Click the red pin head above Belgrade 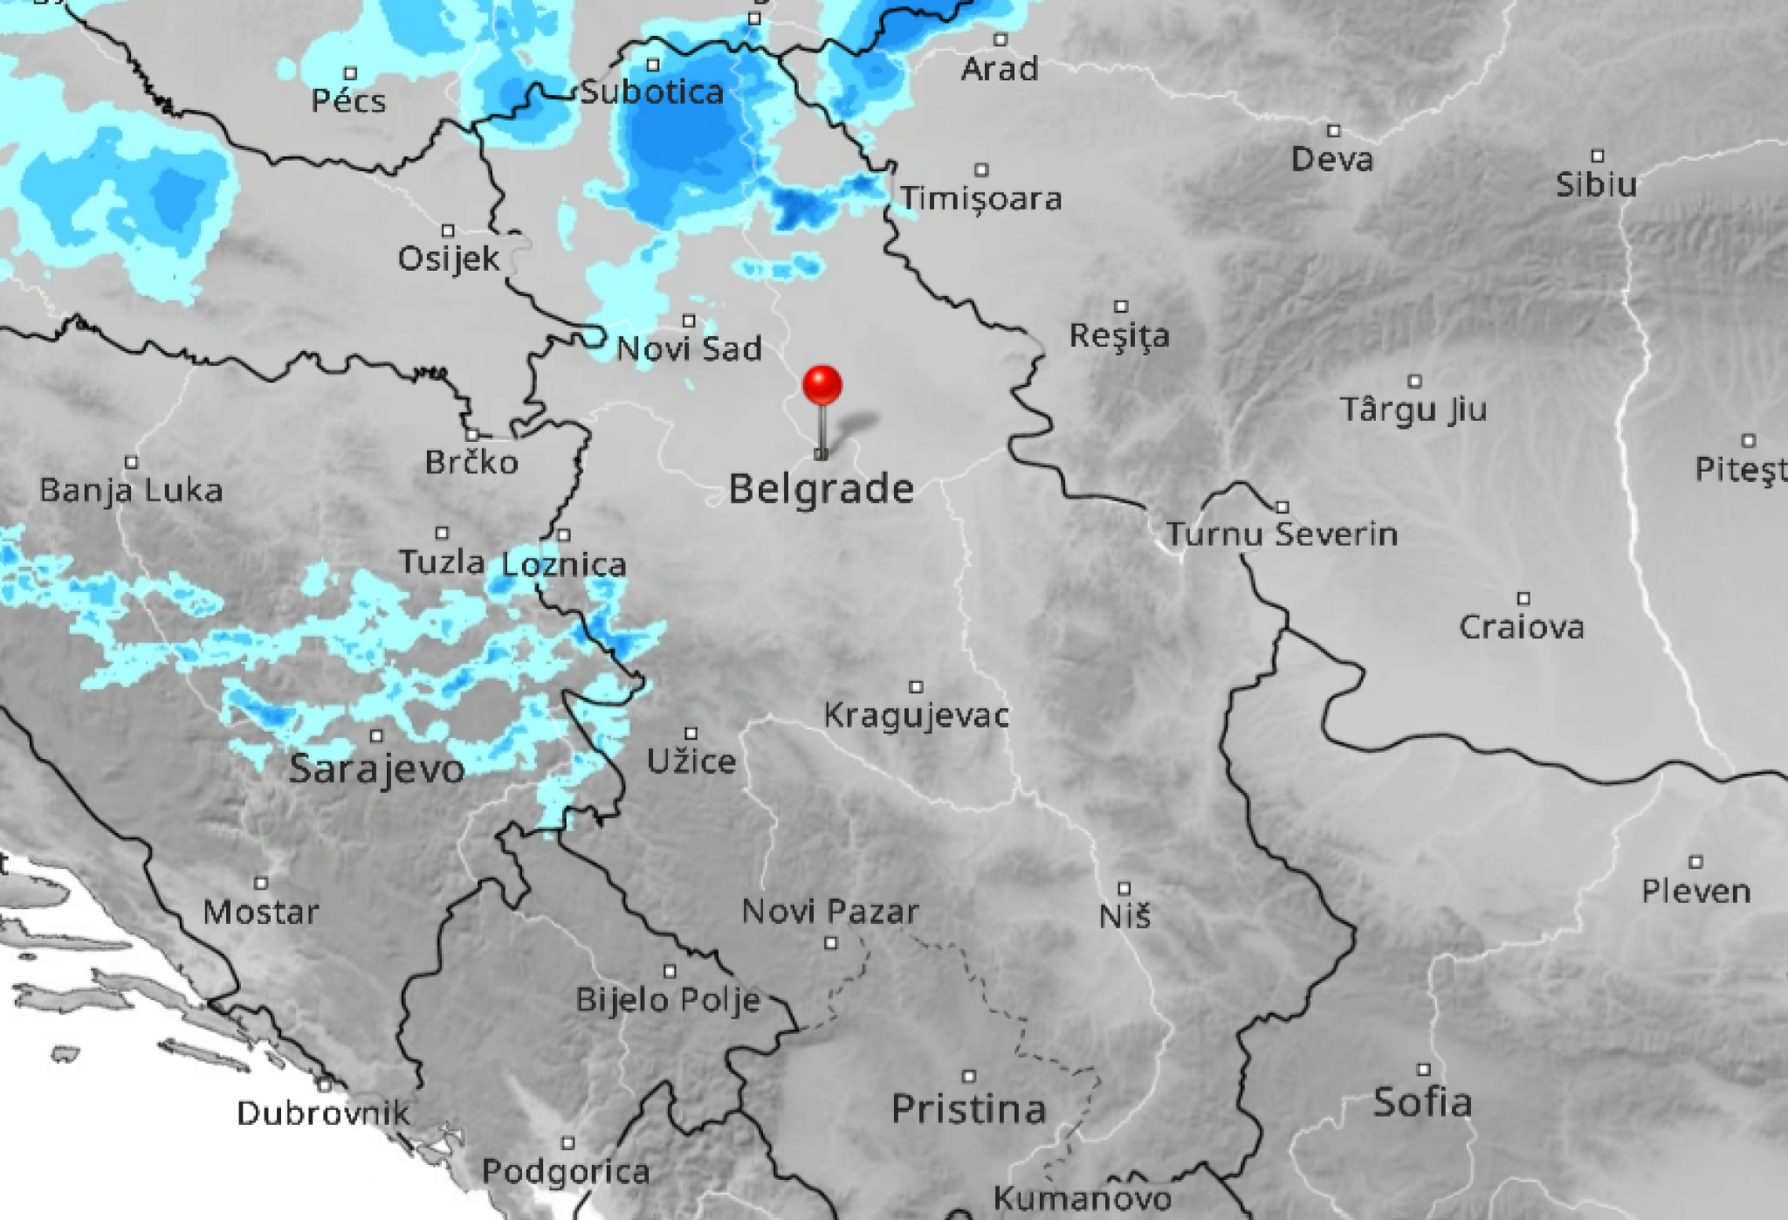[x=822, y=385]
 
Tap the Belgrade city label [x=821, y=488]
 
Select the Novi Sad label [x=689, y=349]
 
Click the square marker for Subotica [x=653, y=65]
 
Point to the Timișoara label [x=981, y=199]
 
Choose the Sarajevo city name [x=376, y=769]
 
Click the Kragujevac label [x=916, y=716]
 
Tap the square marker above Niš [x=1124, y=888]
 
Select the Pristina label [x=968, y=1109]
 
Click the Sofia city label [x=1423, y=1102]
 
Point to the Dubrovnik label [x=323, y=1113]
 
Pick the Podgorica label [x=566, y=1171]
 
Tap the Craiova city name [x=1522, y=627]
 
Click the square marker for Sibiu [x=1597, y=156]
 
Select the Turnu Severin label [x=1282, y=534]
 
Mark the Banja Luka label [x=131, y=491]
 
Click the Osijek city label [x=449, y=259]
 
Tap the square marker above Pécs [x=350, y=73]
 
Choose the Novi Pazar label [x=830, y=913]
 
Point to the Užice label [x=691, y=762]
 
